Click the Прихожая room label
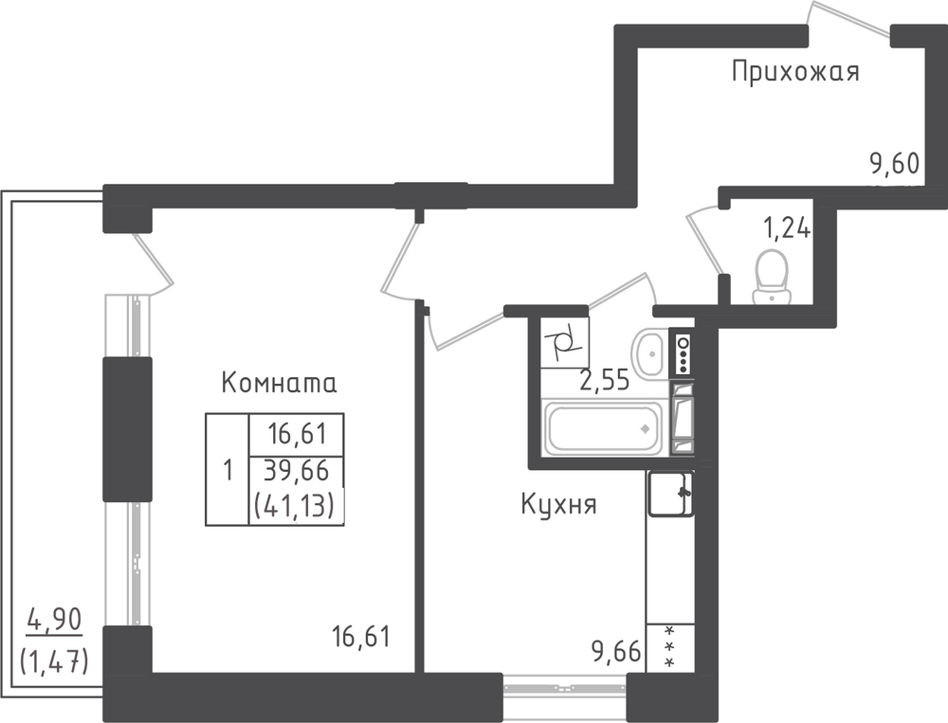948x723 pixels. [x=795, y=71]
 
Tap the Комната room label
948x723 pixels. [x=280, y=383]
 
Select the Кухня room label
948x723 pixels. [x=558, y=505]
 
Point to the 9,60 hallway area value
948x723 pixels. [x=894, y=163]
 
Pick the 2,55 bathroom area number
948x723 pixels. [x=605, y=381]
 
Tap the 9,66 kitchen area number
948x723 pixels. [x=616, y=653]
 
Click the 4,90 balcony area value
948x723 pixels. [x=54, y=621]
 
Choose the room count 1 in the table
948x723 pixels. [x=228, y=470]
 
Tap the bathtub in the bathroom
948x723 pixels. [x=603, y=428]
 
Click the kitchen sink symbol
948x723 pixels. [x=670, y=494]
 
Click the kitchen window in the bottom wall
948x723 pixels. [x=565, y=688]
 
